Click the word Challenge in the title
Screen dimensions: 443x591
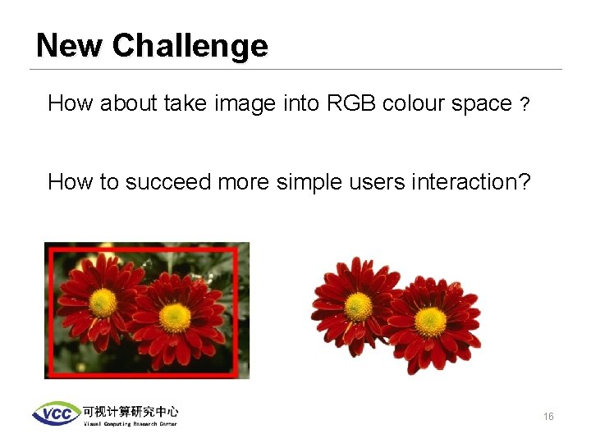190,46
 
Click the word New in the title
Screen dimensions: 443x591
71,46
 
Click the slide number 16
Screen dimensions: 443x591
547,417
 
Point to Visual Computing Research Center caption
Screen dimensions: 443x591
130,423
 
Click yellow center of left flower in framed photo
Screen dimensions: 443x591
103,302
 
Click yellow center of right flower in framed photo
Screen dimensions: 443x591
175,317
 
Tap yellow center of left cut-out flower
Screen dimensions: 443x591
359,307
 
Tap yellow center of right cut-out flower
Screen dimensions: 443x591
430,322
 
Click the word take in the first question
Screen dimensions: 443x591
185,103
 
